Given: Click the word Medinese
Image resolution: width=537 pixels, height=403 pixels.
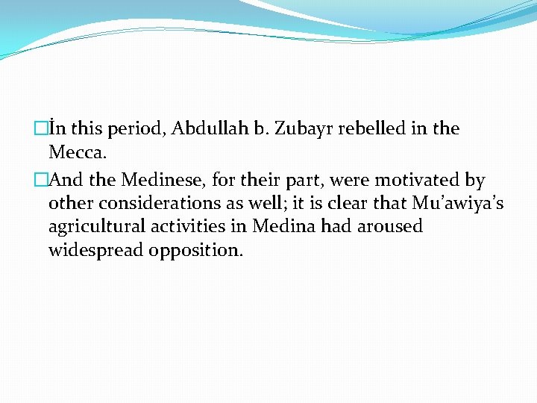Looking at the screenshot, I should click(x=158, y=180).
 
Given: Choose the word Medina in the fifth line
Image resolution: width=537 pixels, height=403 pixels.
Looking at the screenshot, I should click(x=286, y=226).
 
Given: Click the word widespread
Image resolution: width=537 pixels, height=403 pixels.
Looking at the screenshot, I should click(x=95, y=250).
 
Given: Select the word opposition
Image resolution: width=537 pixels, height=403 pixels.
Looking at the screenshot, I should click(x=195, y=250).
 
